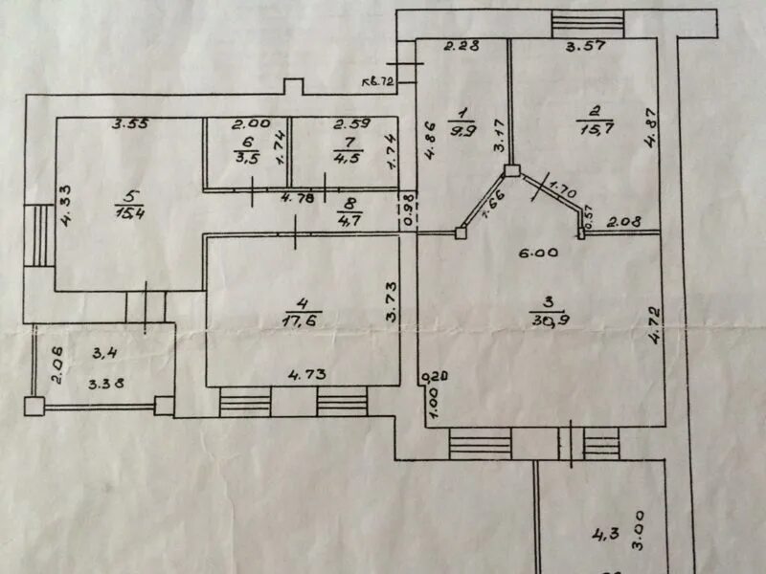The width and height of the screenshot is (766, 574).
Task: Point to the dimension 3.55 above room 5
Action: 129,124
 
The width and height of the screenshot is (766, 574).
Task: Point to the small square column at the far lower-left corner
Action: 34,407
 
